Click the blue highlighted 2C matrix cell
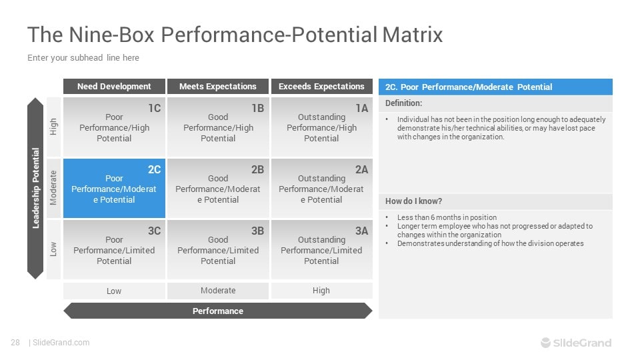coord(114,189)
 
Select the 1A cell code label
coord(361,108)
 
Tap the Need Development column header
coord(114,87)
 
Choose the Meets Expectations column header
coord(218,87)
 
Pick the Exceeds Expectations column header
coord(321,87)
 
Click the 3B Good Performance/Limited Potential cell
coord(218,250)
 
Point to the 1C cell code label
coord(154,108)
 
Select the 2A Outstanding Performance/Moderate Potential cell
coord(321,189)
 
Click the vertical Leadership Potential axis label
coord(36,189)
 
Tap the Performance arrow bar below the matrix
coord(218,311)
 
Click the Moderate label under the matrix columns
coord(218,291)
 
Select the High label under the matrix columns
coord(321,291)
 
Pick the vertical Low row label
coord(53,249)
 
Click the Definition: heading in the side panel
coord(404,103)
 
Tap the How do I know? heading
coord(413,201)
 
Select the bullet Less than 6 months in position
coord(447,217)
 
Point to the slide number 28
coord(15,343)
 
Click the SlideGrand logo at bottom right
coord(575,343)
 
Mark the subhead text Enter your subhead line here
coord(83,58)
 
